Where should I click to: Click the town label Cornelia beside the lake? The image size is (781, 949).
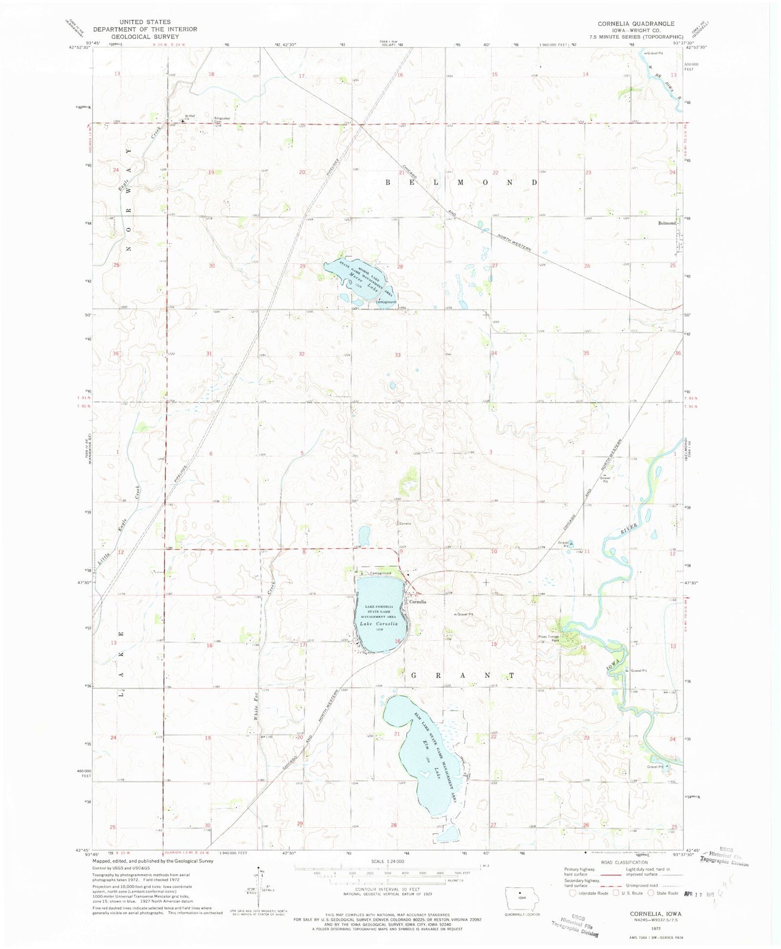[417, 602]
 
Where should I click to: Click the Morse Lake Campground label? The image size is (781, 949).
[386, 302]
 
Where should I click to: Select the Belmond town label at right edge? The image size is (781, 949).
[666, 223]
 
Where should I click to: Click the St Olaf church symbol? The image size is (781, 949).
[182, 121]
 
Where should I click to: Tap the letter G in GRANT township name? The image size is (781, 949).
[415, 676]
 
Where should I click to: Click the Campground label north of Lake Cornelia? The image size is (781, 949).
[380, 573]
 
